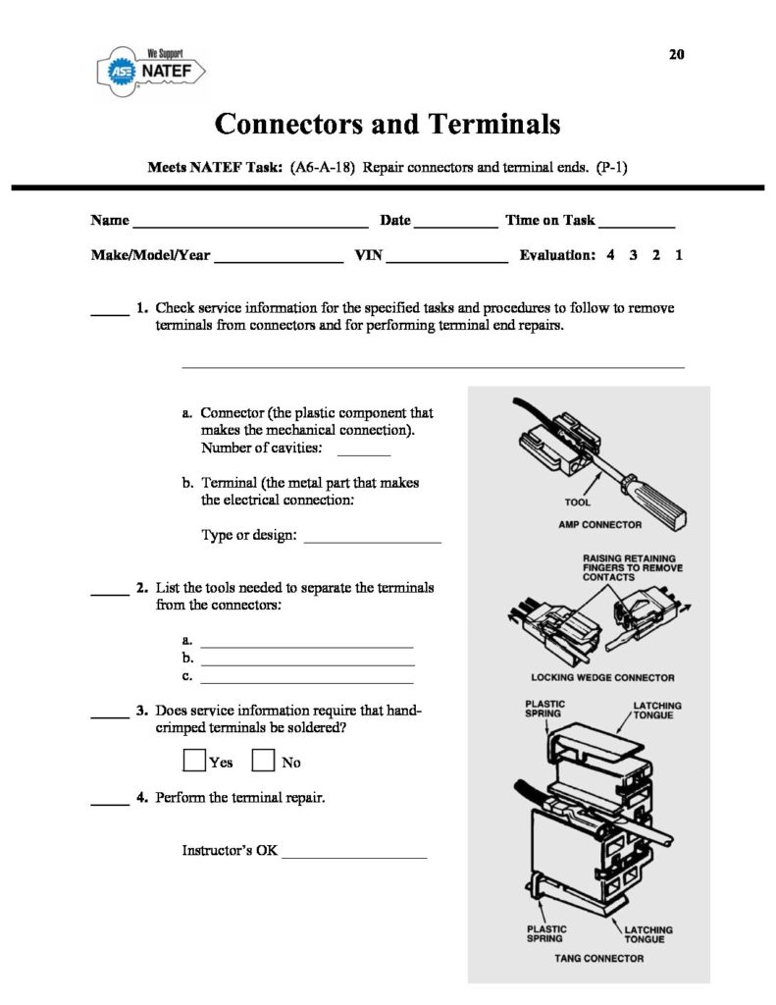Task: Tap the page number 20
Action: click(x=676, y=54)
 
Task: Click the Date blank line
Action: click(x=455, y=225)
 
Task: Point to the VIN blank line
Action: click(x=446, y=260)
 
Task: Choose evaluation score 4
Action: click(x=610, y=255)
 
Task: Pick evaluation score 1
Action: click(x=679, y=255)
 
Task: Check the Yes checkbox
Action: click(x=195, y=761)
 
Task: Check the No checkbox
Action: click(x=263, y=761)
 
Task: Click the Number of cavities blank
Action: click(x=363, y=452)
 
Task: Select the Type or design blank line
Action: click(x=373, y=540)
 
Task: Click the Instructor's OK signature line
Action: click(x=354, y=856)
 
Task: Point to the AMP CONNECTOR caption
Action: click(x=599, y=525)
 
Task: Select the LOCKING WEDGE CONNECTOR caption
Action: click(x=602, y=677)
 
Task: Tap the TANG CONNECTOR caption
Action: click(x=599, y=958)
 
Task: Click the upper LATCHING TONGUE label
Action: click(x=656, y=711)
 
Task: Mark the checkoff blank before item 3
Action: click(x=110, y=716)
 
